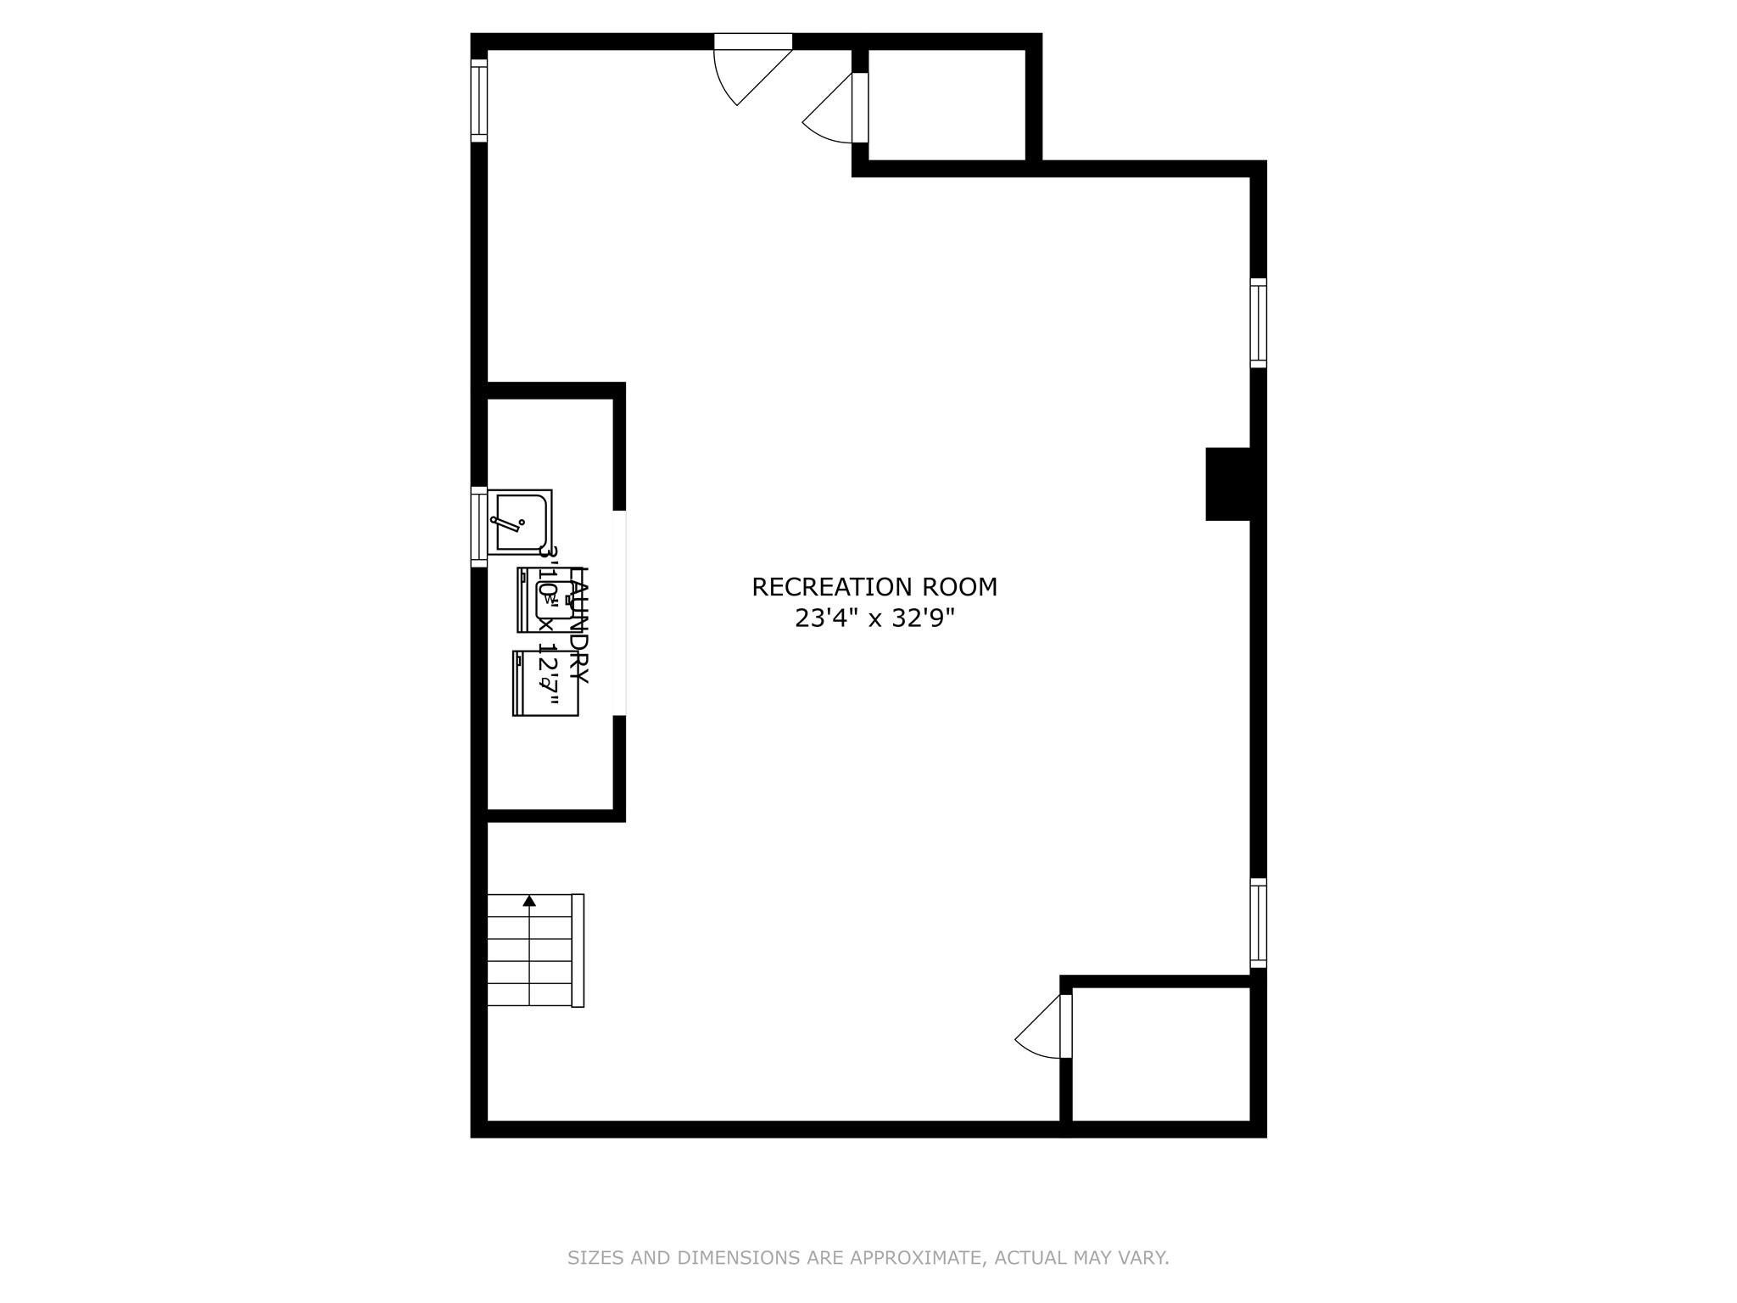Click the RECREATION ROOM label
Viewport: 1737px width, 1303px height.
point(874,587)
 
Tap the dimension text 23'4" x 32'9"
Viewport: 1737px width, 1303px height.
point(874,619)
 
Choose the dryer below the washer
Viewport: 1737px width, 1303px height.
point(545,683)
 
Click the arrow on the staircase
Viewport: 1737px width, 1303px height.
point(530,901)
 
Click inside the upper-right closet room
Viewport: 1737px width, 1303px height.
point(947,103)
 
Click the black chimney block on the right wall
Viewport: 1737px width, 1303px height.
point(1227,484)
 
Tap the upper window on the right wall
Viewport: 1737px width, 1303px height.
point(1259,323)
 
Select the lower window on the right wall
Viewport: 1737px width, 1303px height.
point(1259,923)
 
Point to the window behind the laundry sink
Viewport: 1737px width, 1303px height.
point(479,527)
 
